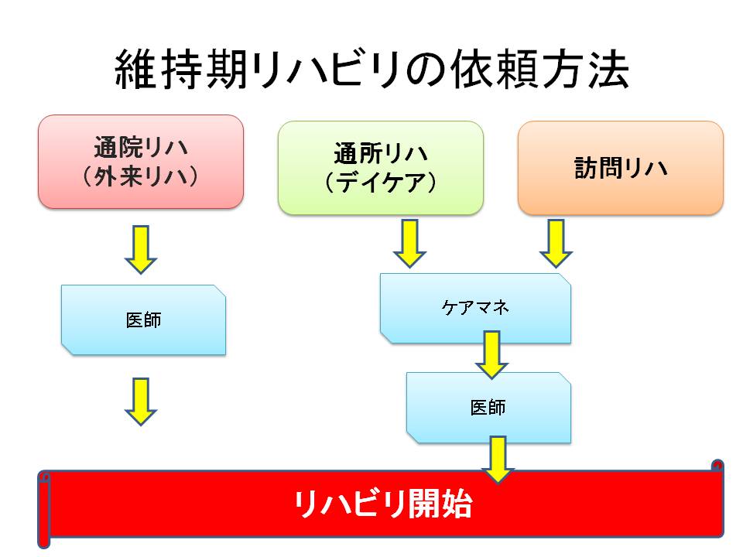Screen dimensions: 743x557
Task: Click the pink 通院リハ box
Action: click(x=141, y=162)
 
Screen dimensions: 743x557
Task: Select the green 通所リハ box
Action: click(x=381, y=168)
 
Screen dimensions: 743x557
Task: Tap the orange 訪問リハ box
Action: click(x=621, y=168)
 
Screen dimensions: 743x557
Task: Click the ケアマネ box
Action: click(x=475, y=309)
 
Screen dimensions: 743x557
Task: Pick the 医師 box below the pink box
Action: click(x=144, y=320)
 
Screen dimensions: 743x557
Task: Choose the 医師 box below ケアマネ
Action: click(x=488, y=408)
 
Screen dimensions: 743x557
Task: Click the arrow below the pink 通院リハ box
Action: click(x=141, y=250)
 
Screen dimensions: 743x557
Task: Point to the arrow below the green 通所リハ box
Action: click(x=410, y=244)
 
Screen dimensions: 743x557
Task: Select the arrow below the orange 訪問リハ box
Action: click(x=556, y=244)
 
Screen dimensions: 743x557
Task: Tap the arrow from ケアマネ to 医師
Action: click(x=492, y=355)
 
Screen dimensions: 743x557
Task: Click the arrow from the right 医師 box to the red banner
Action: click(x=498, y=460)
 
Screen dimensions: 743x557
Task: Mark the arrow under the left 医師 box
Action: click(x=141, y=402)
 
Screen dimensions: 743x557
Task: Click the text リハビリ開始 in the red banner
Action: click(x=383, y=504)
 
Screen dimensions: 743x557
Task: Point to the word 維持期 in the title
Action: click(x=181, y=70)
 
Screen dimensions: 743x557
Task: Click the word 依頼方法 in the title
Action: click(x=539, y=70)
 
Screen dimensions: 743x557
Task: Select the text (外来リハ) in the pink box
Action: click(x=141, y=177)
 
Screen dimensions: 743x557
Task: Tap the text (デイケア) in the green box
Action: click(x=381, y=183)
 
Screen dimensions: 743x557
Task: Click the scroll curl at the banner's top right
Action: click(x=718, y=465)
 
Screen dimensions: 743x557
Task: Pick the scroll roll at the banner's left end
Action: click(x=44, y=510)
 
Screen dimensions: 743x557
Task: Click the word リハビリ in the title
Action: click(x=327, y=70)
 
